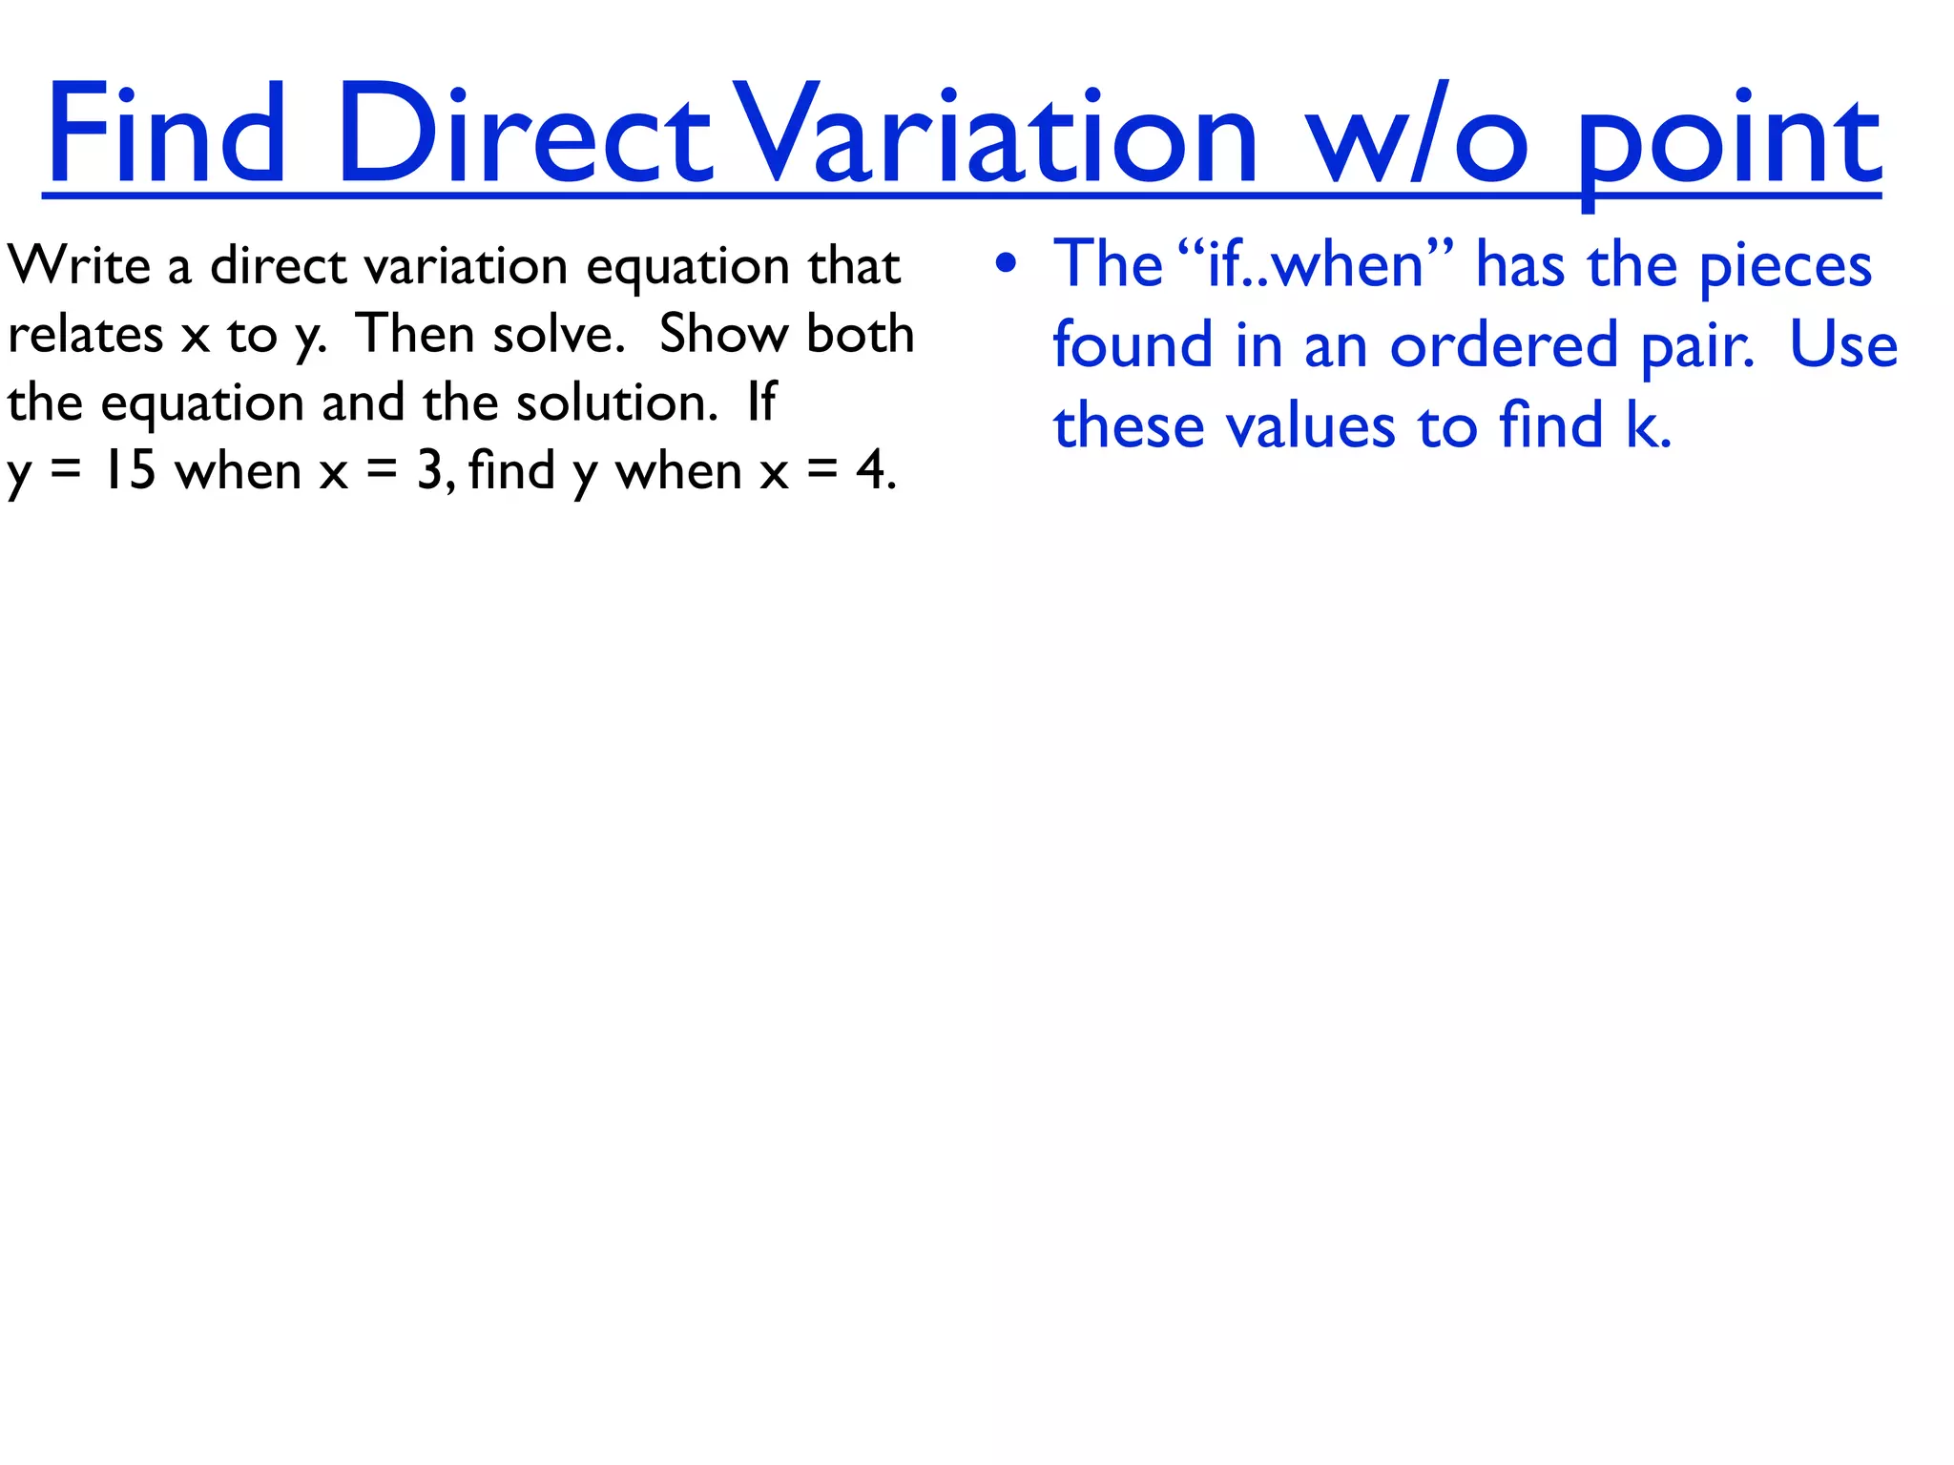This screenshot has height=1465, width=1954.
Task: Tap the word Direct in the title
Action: click(x=524, y=134)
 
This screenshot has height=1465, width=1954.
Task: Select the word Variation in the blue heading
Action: click(x=997, y=134)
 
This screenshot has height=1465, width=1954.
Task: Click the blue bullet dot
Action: click(x=1006, y=264)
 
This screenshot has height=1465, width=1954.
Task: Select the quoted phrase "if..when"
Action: click(x=1316, y=264)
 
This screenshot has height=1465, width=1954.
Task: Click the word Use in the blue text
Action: click(x=1843, y=345)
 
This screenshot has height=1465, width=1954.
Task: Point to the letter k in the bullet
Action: click(x=1642, y=425)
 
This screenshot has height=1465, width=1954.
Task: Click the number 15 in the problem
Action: click(x=130, y=471)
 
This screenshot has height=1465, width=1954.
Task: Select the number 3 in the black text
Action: click(x=429, y=471)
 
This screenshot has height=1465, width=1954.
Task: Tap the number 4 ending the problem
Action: click(x=871, y=471)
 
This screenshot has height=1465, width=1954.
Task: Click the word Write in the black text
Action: click(x=78, y=265)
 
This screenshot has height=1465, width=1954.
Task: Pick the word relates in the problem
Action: click(x=85, y=335)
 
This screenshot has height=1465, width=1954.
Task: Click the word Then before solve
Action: click(x=415, y=335)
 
